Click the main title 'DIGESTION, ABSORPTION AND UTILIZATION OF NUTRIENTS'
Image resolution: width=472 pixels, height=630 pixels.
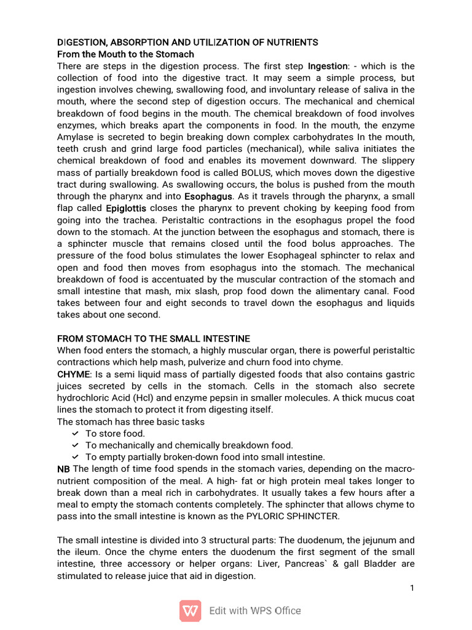coord(187,42)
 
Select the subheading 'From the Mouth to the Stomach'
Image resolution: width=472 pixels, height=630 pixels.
coord(125,54)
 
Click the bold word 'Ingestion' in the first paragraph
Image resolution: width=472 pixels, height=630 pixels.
coord(328,66)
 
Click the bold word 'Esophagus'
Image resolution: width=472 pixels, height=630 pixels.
coord(208,196)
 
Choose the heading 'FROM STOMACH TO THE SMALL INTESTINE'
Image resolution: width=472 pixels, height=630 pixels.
coord(154,338)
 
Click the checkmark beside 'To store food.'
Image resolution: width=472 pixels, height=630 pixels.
coord(75,434)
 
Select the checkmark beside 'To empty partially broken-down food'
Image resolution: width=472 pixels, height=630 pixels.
coord(75,457)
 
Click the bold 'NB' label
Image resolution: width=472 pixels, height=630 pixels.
coord(63,469)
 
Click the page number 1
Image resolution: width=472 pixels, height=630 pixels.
coord(412,588)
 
